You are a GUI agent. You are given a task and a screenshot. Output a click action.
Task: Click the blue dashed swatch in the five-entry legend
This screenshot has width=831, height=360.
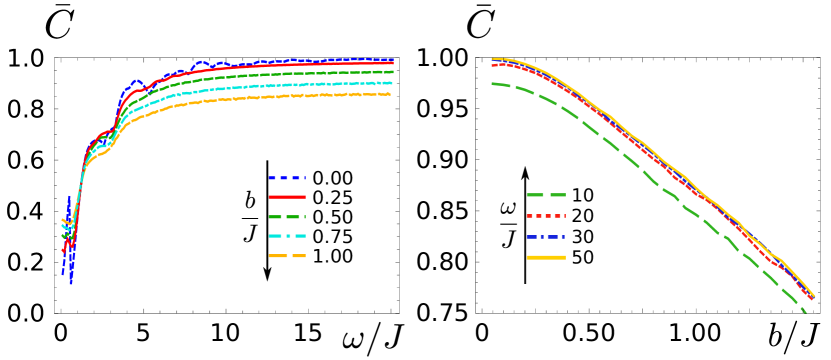[287, 178]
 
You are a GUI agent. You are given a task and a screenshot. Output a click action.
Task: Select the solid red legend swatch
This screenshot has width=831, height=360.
[287, 197]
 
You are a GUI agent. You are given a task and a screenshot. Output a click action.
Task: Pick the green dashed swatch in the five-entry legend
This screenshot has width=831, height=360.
[287, 217]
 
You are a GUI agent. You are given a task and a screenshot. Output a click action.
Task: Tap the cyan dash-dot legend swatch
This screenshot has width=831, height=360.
[287, 236]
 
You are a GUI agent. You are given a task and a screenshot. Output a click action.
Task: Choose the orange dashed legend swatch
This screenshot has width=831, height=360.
[287, 256]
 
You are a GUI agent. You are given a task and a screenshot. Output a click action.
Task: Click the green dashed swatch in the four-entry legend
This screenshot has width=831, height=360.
[546, 195]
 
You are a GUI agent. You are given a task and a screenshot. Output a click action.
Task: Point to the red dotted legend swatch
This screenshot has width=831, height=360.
[546, 216]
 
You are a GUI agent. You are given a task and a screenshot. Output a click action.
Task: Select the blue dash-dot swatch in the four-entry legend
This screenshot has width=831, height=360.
[546, 237]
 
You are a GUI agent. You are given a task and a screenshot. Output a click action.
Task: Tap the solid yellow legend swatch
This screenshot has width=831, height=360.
[546, 258]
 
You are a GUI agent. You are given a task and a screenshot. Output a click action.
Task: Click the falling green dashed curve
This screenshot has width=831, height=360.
[640, 170]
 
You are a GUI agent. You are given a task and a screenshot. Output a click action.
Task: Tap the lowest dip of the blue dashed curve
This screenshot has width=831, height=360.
[71, 284]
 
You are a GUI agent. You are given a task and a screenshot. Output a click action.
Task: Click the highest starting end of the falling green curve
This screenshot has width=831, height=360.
[492, 84]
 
